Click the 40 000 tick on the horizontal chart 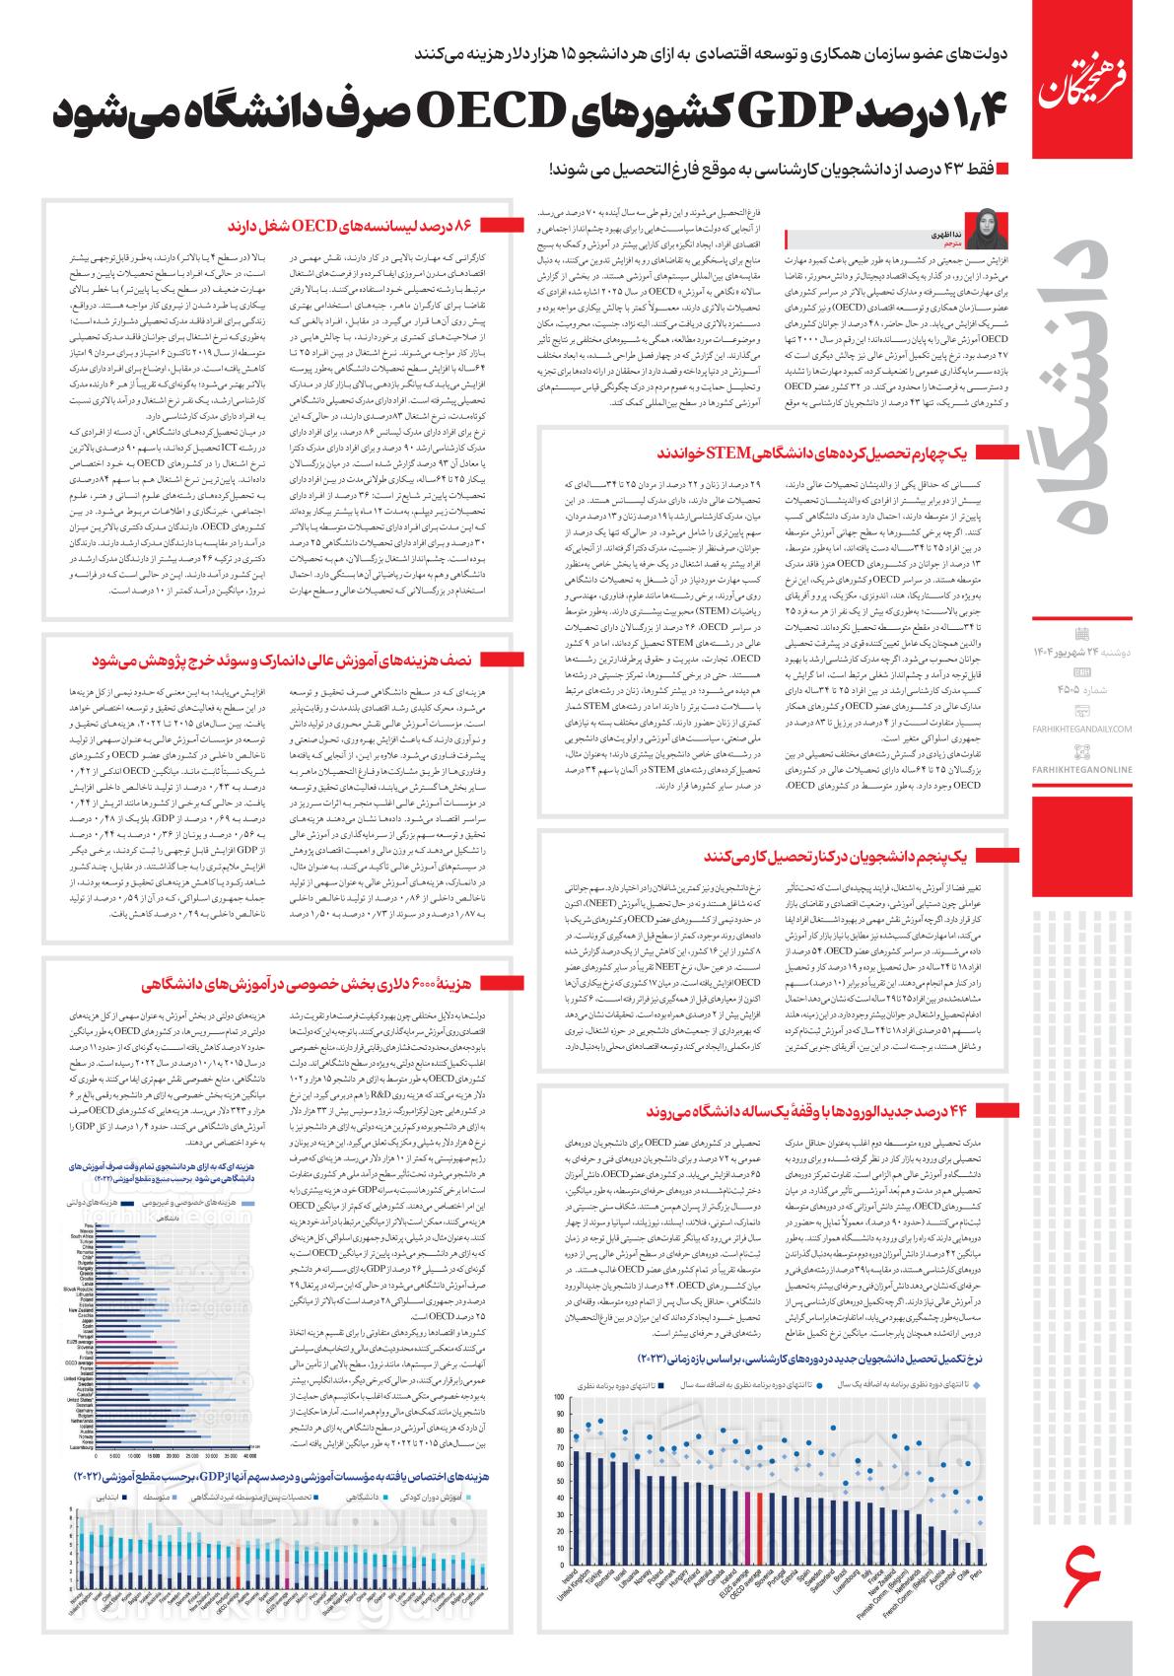249,1454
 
